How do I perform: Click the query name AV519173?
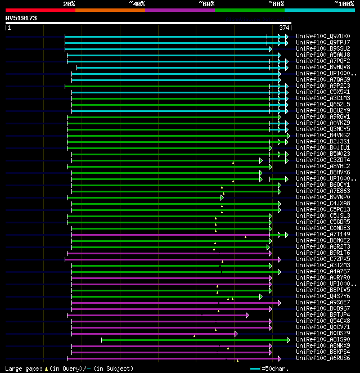(21, 18)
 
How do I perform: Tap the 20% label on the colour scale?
(69, 4)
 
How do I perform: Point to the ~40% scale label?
(137, 4)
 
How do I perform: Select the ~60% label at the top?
(206, 4)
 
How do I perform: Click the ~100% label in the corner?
(344, 4)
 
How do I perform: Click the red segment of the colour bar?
(40, 10)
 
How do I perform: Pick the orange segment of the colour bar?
(110, 10)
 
